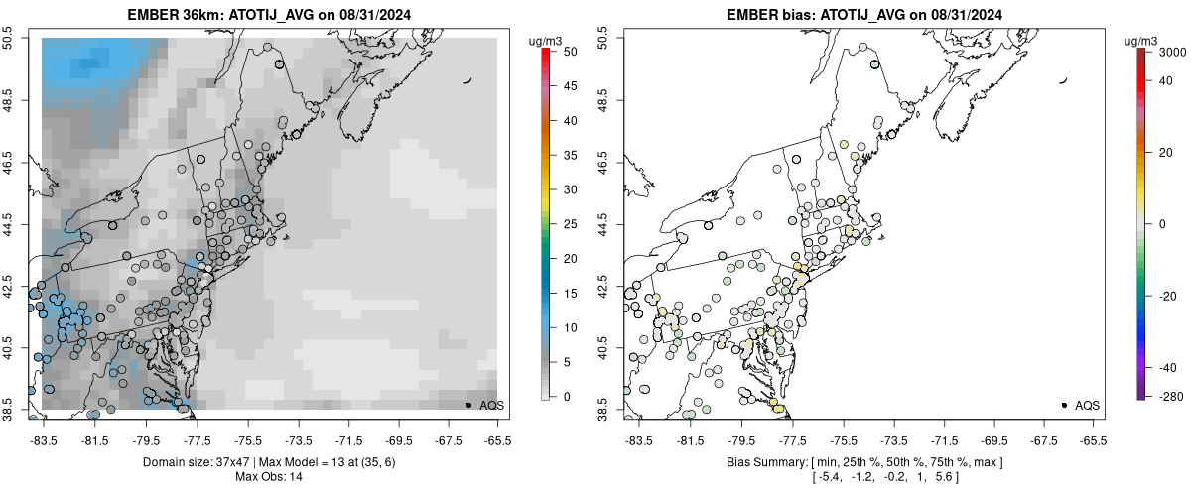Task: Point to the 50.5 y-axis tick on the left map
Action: tap(15, 38)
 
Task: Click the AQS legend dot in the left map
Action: tap(468, 405)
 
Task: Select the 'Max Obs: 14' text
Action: tap(268, 477)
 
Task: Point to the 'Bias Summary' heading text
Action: tap(759, 462)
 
